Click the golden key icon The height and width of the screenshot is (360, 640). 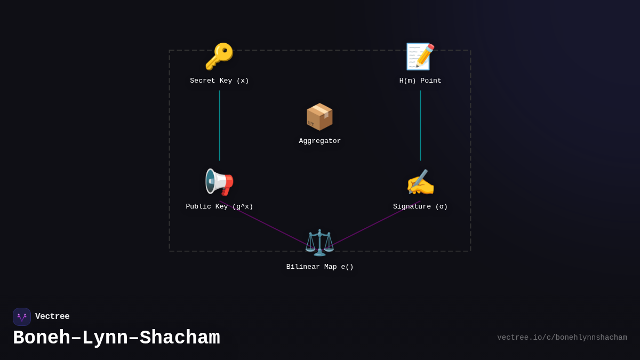click(x=219, y=57)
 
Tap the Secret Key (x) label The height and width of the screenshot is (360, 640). click(x=219, y=81)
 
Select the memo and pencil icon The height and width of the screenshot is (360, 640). click(x=420, y=57)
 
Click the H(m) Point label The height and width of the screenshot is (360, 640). click(x=420, y=81)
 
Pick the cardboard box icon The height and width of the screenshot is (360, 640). click(x=319, y=117)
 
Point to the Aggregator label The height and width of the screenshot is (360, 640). click(x=319, y=141)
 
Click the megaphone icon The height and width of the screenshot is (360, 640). click(x=219, y=182)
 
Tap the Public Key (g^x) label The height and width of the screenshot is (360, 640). click(x=219, y=207)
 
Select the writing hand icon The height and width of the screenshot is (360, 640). click(x=420, y=182)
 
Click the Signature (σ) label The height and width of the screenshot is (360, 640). click(x=420, y=207)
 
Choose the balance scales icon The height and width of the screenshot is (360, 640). click(x=319, y=243)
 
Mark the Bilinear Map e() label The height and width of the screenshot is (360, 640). click(x=319, y=267)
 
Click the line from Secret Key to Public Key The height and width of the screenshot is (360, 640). click(x=219, y=125)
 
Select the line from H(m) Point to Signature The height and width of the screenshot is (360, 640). click(x=420, y=125)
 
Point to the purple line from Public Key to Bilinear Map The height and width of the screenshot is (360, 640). click(x=272, y=228)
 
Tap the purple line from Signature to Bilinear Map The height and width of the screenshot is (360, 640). click(x=368, y=227)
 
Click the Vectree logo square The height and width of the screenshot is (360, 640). click(x=22, y=317)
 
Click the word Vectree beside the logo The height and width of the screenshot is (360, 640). click(x=52, y=317)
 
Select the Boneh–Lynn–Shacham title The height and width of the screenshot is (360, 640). click(x=116, y=338)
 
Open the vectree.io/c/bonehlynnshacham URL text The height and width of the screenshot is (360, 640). click(x=562, y=338)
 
